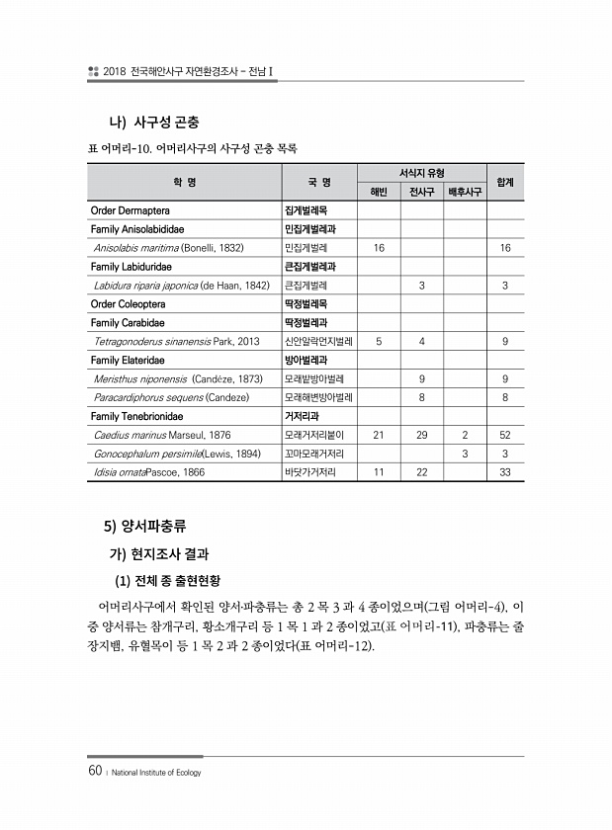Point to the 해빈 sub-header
pos(380,192)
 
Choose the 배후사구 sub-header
pos(465,192)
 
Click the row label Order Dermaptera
pos(130,210)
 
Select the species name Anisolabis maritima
pos(137,247)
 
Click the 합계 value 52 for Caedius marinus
pos(504,435)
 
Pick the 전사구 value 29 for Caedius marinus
pos(422,435)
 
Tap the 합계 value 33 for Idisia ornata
pos(504,472)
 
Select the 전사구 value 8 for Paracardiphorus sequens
pos(422,397)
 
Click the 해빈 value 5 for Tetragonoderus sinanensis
pos(380,341)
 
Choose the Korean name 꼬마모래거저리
pos(314,454)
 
